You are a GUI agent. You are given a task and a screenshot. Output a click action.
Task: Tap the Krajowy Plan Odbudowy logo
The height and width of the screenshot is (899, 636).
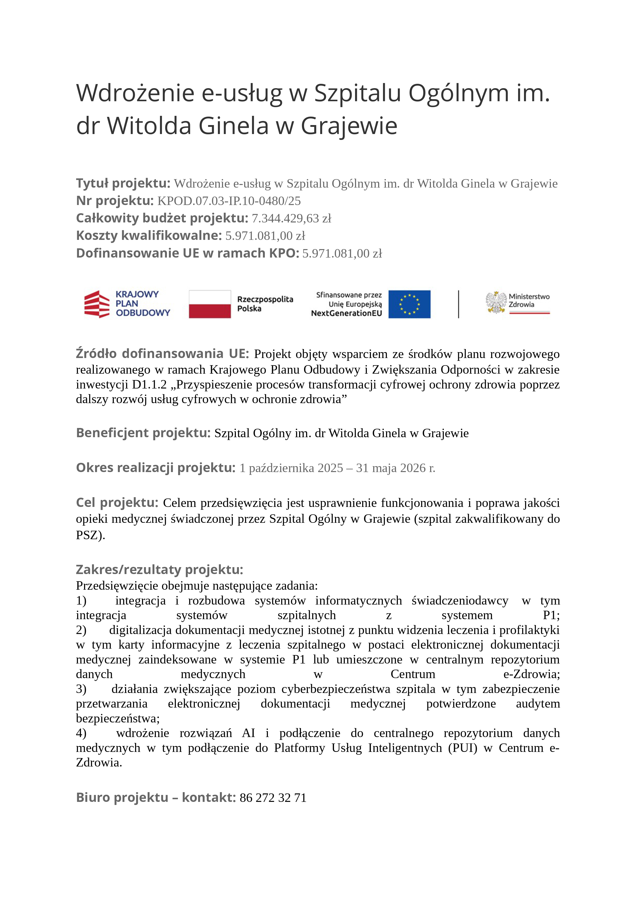pyautogui.click(x=127, y=304)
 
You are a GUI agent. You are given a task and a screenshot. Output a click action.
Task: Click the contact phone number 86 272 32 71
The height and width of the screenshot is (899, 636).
pyautogui.click(x=273, y=798)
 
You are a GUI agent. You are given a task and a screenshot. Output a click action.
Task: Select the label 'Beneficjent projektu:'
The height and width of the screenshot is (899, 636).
pyautogui.click(x=143, y=433)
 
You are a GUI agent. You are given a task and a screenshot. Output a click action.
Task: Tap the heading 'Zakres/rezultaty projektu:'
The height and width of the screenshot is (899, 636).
pyautogui.click(x=159, y=570)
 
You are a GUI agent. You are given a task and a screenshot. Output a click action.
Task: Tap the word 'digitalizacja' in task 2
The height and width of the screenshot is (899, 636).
pyautogui.click(x=140, y=630)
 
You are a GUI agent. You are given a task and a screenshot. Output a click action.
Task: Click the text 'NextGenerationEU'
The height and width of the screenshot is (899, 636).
pyautogui.click(x=346, y=313)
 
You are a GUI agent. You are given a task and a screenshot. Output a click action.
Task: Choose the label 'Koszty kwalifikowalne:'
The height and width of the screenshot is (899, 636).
pyautogui.click(x=149, y=236)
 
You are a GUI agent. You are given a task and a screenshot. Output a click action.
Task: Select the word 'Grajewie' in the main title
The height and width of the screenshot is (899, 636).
pyautogui.click(x=349, y=126)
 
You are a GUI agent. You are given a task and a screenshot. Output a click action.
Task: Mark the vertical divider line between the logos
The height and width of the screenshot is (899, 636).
pyautogui.click(x=458, y=304)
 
